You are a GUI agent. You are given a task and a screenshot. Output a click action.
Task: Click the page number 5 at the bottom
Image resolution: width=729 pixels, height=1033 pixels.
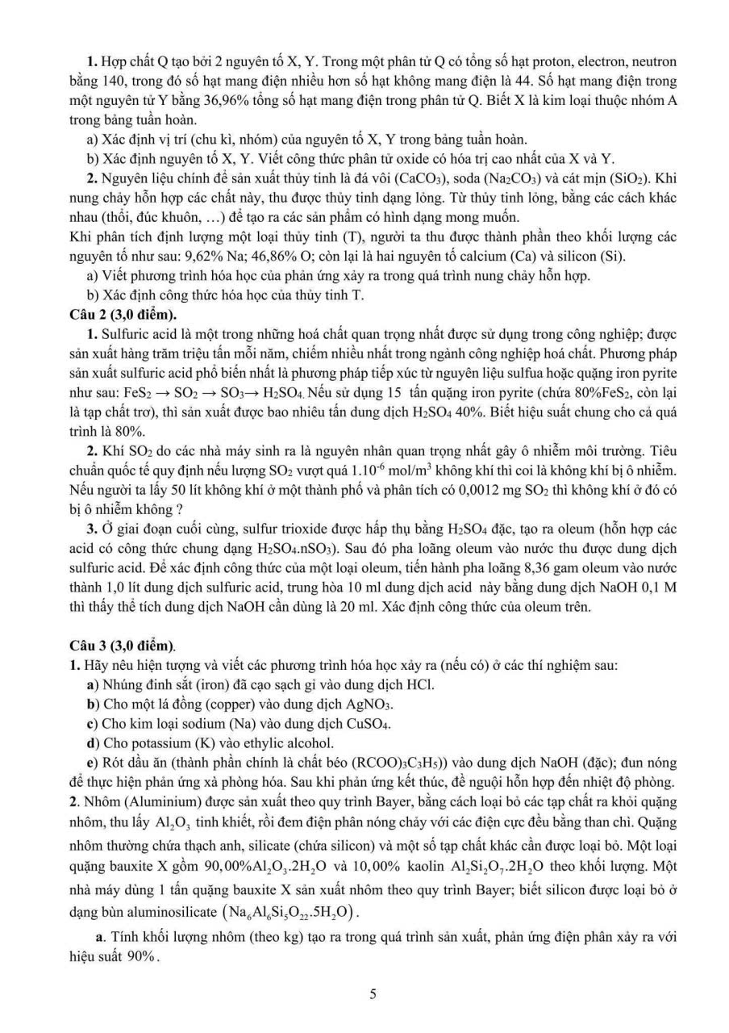(373, 993)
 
